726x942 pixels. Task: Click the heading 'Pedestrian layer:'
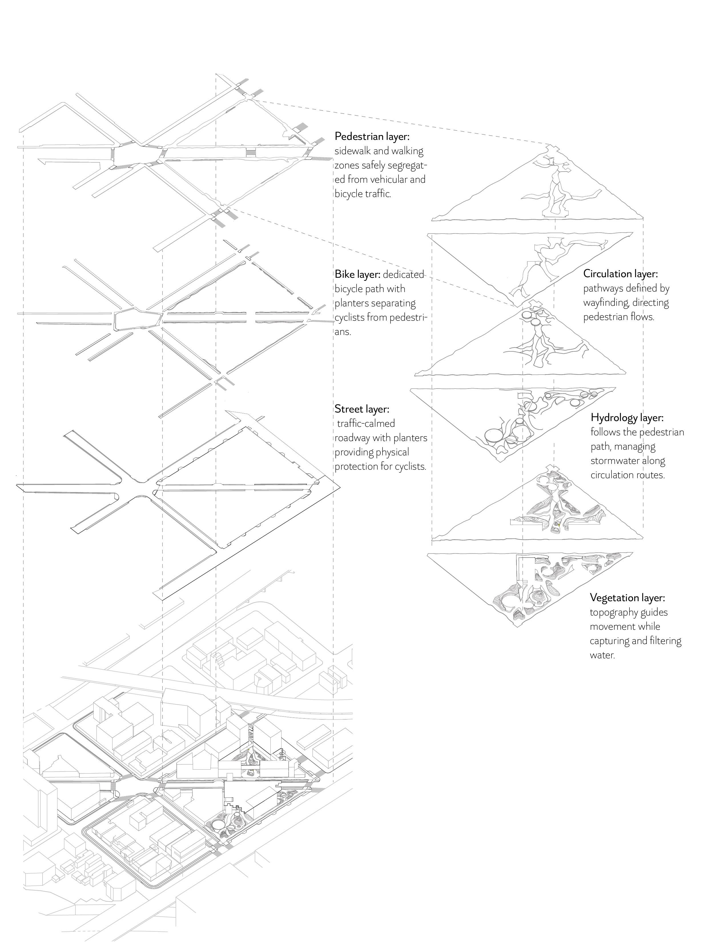click(372, 136)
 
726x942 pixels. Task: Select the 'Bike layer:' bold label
click(357, 274)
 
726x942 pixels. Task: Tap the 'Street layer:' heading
click(361, 408)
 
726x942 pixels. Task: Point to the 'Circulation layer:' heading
click(620, 273)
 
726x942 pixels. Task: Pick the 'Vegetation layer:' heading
click(627, 597)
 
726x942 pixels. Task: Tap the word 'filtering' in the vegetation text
click(665, 641)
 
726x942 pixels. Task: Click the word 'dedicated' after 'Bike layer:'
click(403, 274)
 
